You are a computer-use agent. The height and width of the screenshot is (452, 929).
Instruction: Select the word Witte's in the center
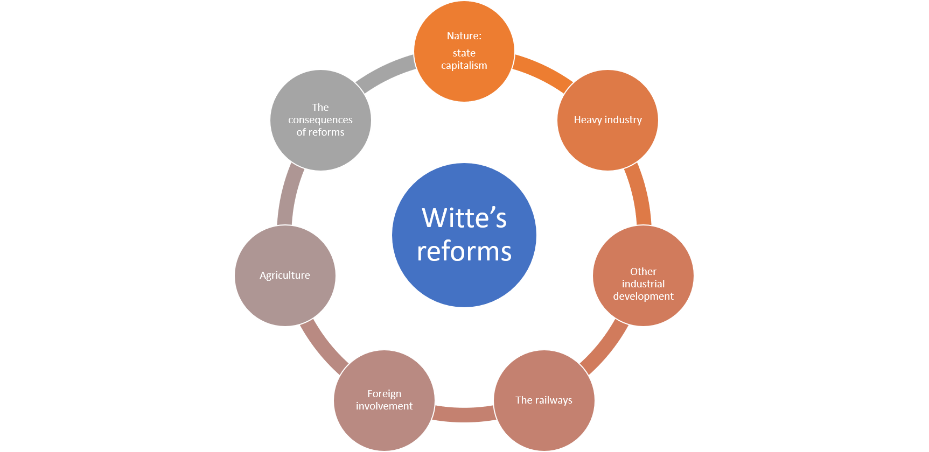(464, 218)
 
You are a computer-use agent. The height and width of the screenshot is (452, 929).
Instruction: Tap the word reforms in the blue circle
(464, 251)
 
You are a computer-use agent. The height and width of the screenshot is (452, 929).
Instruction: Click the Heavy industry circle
(607, 140)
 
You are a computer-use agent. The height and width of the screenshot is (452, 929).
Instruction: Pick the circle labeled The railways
(544, 420)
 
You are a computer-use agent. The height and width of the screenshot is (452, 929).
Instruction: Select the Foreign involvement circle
(384, 425)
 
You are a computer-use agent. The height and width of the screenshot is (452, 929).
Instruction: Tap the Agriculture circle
(285, 296)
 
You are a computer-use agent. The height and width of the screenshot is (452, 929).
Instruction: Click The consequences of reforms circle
(320, 151)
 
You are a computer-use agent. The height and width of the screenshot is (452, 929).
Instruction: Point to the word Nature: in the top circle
(464, 36)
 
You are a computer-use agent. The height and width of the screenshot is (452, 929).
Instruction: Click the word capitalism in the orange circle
(464, 66)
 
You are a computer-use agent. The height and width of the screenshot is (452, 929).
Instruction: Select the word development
(643, 296)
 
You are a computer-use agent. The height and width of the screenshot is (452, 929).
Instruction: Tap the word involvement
(384, 406)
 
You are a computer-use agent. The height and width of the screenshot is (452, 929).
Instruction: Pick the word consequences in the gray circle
(320, 120)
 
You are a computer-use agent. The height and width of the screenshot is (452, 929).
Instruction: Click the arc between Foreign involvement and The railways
(464, 414)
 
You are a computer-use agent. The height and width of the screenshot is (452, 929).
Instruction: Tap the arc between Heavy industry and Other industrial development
(641, 194)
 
